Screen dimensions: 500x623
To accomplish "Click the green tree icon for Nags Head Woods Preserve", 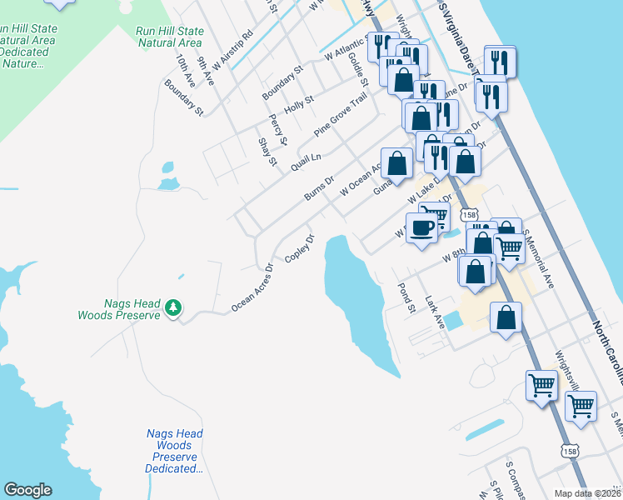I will pyautogui.click(x=173, y=308).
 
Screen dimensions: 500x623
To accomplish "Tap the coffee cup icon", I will pyautogui.click(x=421, y=227).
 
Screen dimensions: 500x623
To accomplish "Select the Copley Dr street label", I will pyautogui.click(x=300, y=249).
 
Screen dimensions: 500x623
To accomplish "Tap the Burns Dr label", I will pyautogui.click(x=318, y=187).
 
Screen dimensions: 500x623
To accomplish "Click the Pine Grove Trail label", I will pyautogui.click(x=340, y=116).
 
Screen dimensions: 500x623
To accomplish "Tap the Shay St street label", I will pyautogui.click(x=267, y=152).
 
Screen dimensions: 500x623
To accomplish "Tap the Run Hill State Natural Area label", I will pyautogui.click(x=169, y=37).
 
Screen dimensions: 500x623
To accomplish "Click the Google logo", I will pyautogui.click(x=27, y=490).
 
